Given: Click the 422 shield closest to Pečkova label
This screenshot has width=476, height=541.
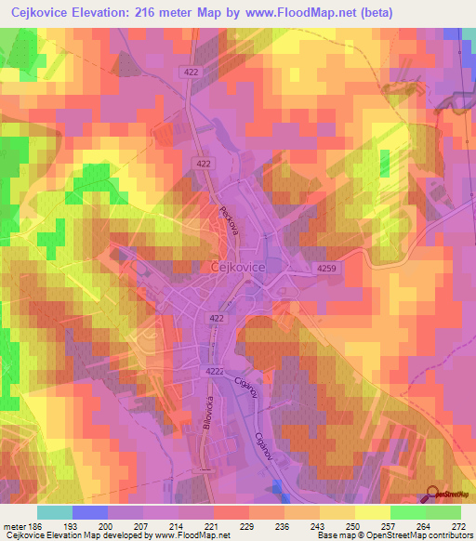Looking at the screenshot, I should (204, 163).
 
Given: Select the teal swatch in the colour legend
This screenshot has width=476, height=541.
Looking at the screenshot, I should (55, 512).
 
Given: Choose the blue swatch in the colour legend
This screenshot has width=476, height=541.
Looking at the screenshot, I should (90, 512).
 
